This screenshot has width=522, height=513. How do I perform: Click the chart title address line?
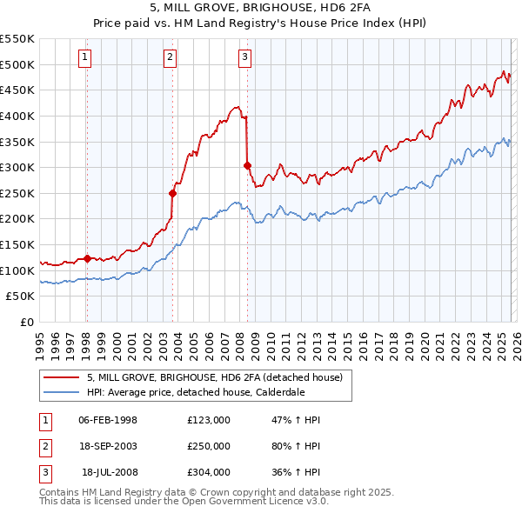tap(260, 8)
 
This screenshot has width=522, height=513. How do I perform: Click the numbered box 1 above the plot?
tap(85, 57)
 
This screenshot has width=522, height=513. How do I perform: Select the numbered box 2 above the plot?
tap(170, 57)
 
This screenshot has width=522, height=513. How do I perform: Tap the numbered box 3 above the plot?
tap(244, 57)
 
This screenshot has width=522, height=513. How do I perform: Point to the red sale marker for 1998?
tap(87, 258)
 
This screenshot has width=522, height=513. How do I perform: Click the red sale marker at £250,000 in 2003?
tap(172, 193)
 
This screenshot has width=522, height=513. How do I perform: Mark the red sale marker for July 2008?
tap(248, 165)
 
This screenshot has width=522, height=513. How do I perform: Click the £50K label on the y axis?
tap(21, 296)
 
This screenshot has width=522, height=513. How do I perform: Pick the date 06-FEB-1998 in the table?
tap(108, 420)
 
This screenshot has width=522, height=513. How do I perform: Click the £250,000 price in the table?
tap(209, 446)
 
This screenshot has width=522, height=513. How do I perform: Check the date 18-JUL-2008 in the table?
tap(110, 472)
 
